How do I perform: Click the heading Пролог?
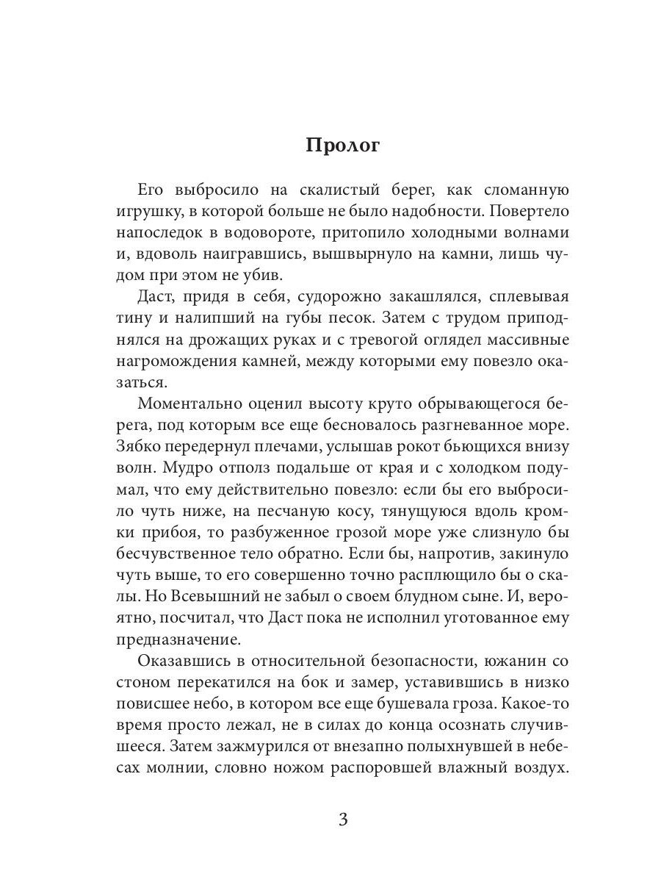343,146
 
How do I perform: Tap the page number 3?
343,820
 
